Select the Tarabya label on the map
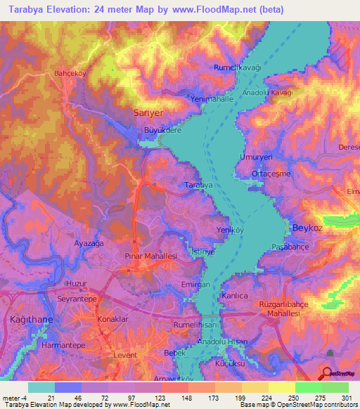(x=198, y=184)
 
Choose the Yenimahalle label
(x=212, y=100)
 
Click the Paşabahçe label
(x=292, y=247)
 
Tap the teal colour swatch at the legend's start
(x=41, y=387)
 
